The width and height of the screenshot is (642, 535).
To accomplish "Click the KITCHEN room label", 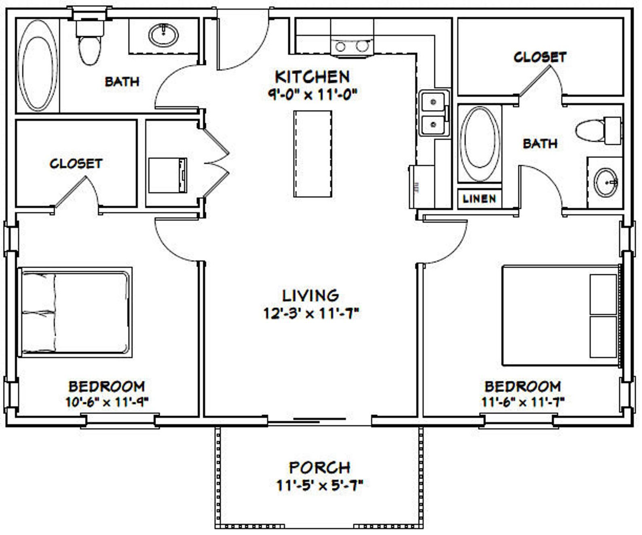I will (312, 77).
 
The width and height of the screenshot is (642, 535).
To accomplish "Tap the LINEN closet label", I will (479, 199).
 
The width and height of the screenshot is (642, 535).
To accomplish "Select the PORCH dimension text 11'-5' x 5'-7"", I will (320, 485).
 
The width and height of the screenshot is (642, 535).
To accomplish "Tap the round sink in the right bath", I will (605, 183).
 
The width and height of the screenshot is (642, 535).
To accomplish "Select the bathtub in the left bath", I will (37, 65).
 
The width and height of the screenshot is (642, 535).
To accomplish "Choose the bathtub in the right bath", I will (479, 143).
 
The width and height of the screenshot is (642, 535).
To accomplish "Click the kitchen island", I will (313, 154).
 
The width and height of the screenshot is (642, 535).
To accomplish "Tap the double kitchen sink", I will (433, 113).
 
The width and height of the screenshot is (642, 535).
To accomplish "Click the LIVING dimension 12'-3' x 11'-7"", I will (311, 313).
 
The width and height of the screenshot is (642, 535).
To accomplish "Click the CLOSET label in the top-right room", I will (540, 57).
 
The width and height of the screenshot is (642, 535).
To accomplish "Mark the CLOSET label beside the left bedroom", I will (76, 164).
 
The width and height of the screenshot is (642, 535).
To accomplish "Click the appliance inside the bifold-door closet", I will (167, 175).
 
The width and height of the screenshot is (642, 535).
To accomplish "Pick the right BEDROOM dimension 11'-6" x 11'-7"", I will (523, 402).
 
